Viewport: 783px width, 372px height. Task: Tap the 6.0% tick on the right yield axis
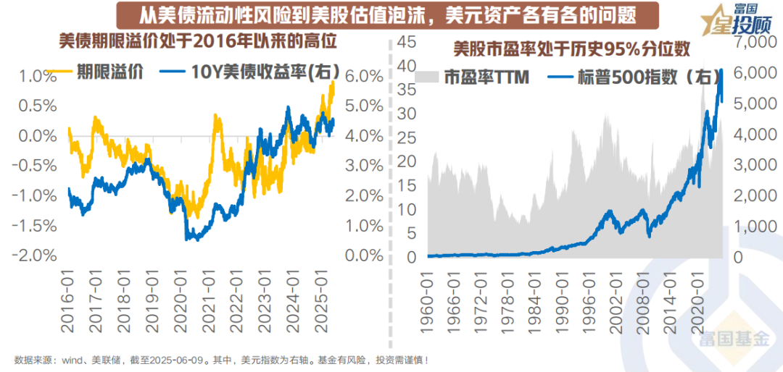(364, 76)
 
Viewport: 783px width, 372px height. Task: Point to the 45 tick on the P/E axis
(405, 42)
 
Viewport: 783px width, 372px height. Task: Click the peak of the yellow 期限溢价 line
(332, 83)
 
